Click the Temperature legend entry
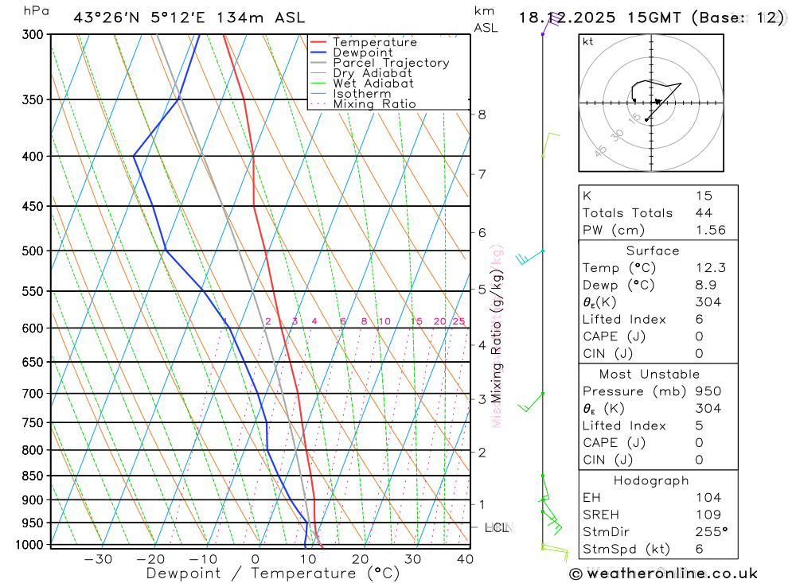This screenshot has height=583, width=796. coord(374,42)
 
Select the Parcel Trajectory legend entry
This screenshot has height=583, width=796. coord(391,63)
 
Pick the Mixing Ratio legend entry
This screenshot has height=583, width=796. coord(374,104)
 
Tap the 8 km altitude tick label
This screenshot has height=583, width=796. coord(482,115)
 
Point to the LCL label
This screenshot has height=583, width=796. coord(497,527)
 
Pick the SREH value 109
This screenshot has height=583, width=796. coord(707,515)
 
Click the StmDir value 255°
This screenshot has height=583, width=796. coord(710,532)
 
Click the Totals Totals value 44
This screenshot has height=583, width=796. coord(704,212)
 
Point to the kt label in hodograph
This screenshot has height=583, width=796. coord(587,41)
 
